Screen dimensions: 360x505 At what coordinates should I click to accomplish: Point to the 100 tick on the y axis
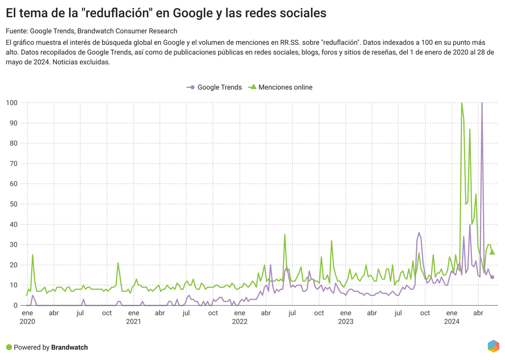tap(11, 103)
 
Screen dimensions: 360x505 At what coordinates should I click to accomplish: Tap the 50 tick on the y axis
tap(13, 204)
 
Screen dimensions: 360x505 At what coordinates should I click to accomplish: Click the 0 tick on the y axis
tap(15, 305)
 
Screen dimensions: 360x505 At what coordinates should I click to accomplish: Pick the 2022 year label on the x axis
tap(240, 322)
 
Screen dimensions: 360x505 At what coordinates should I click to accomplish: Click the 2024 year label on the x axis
tap(452, 322)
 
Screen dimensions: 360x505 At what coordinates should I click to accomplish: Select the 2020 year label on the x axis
tap(28, 322)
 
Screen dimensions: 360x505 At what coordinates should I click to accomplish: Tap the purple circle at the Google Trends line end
tap(492, 277)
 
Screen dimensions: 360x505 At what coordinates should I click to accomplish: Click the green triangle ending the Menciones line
tap(492, 252)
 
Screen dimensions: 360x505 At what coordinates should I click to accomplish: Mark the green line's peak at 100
tap(462, 103)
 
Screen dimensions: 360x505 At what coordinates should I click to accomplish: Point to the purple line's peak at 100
tap(482, 103)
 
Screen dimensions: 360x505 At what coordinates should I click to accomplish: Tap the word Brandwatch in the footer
tap(70, 347)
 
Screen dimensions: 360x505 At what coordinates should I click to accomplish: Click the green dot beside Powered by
tap(9, 347)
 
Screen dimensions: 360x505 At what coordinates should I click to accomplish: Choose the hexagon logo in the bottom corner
tap(493, 346)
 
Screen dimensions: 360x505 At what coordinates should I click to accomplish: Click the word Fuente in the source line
tap(16, 31)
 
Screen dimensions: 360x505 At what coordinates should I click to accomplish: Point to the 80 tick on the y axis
tap(13, 144)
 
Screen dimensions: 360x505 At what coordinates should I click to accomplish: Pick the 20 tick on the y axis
tap(13, 265)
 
